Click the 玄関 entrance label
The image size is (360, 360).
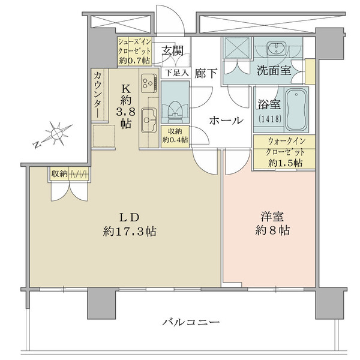point(173,51)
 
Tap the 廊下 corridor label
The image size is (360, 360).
point(206,73)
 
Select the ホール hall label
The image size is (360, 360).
point(226,121)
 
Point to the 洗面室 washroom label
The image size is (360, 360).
point(274,70)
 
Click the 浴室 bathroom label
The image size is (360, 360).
point(269,104)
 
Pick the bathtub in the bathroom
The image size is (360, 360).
point(296,109)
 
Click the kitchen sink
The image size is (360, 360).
point(149,120)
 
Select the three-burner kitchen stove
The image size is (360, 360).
point(149,83)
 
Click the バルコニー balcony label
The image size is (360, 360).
point(191,322)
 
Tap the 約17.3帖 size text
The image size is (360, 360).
point(130,232)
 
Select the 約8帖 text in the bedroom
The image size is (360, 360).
point(272,230)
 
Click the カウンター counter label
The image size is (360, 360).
point(98,95)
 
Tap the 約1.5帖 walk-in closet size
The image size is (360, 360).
point(286,163)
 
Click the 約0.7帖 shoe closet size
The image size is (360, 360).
point(134,61)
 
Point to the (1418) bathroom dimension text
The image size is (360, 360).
point(270,119)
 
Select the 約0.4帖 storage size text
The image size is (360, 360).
point(175,139)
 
